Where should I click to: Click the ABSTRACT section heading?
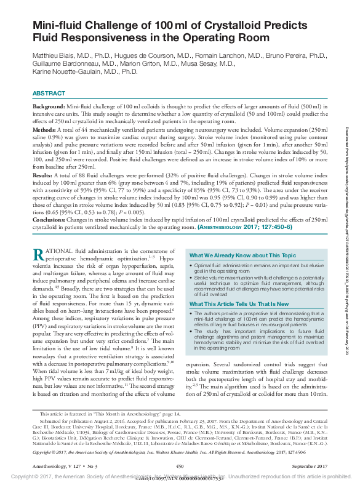[x=49, y=93]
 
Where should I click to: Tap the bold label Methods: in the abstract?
[x=46, y=130]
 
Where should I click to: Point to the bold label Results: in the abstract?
[x=45, y=175]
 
